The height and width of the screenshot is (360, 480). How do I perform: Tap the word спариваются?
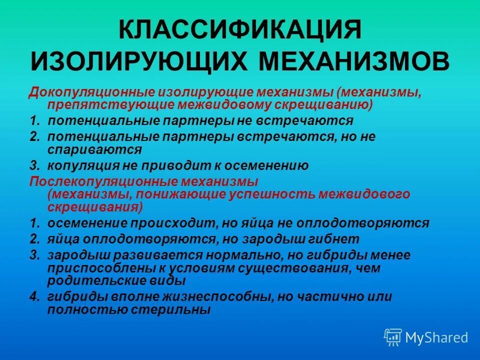tap(94, 149)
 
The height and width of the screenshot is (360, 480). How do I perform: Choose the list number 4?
tap(33, 296)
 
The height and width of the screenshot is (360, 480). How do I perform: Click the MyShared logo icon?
tap(392, 337)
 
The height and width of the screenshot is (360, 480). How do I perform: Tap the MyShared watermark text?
tap(437, 338)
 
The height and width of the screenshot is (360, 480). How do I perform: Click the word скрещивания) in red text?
tap(95, 206)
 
